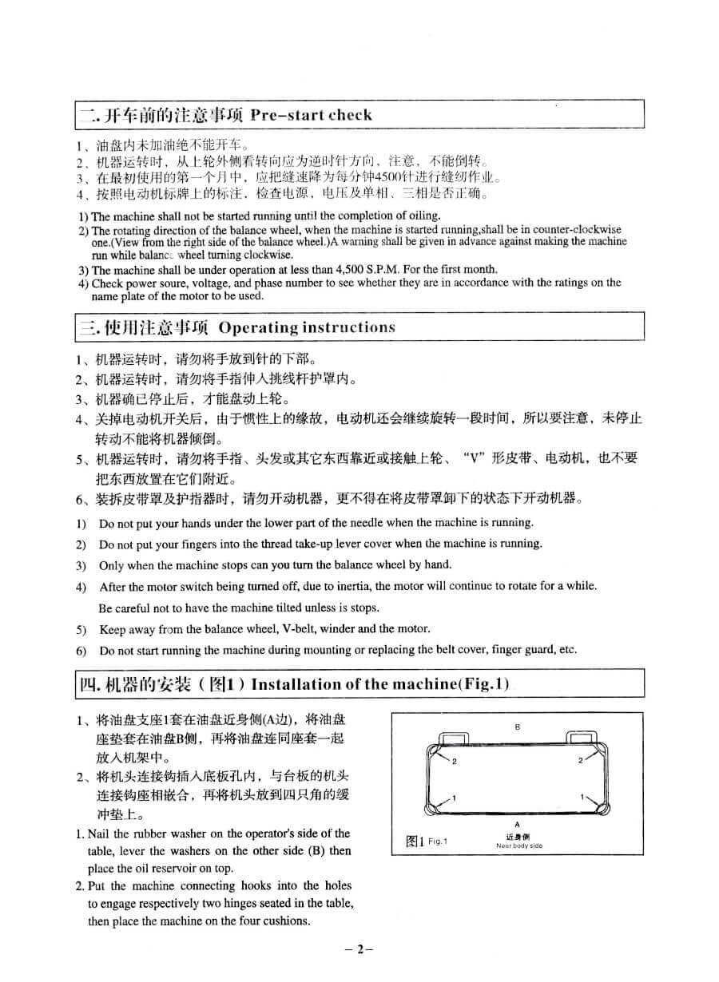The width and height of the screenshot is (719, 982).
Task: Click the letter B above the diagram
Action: click(x=518, y=727)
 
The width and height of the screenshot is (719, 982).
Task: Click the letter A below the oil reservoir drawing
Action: click(x=518, y=824)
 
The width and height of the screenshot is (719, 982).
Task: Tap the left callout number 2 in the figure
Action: click(x=455, y=761)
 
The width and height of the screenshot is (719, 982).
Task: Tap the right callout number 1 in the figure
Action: click(x=582, y=796)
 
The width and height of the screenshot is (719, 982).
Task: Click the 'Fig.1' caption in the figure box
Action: click(x=439, y=841)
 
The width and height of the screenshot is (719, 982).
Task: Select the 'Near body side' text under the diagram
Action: click(x=518, y=845)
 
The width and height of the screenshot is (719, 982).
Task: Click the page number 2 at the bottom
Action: click(x=359, y=949)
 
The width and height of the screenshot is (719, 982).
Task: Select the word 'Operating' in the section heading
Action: click(x=258, y=327)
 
